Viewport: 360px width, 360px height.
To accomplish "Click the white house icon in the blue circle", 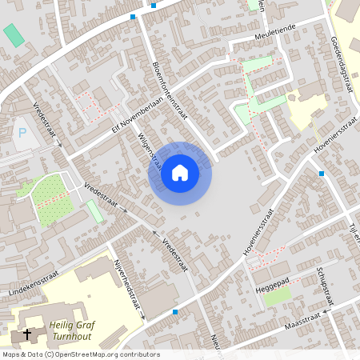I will [179, 173].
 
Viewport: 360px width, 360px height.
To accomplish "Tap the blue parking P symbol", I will [22, 134].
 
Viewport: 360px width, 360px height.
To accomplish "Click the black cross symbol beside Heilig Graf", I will [28, 334].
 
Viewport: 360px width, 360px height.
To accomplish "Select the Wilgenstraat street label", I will [150, 153].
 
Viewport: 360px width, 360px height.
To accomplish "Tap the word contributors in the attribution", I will [143, 354].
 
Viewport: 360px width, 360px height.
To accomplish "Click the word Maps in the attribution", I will [11, 354].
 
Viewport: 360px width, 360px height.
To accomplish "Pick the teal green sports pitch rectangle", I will [14, 35].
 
